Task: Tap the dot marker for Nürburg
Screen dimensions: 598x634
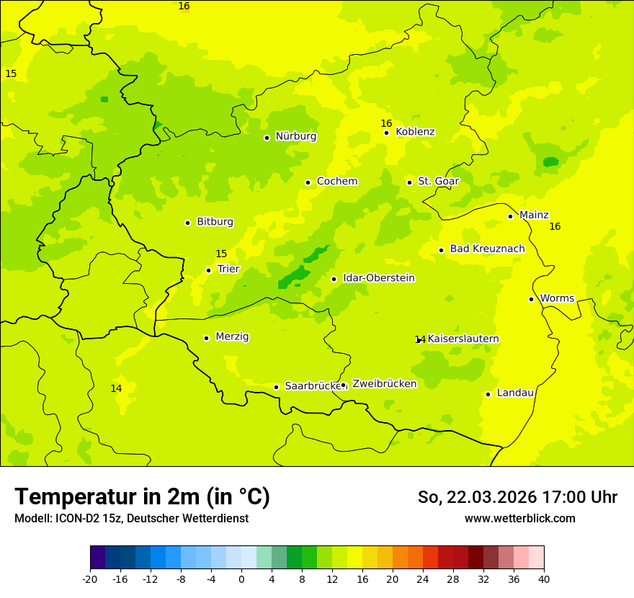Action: pos(267,138)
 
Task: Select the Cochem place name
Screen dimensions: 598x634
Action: pos(337,182)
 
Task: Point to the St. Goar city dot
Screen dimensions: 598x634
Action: pos(409,182)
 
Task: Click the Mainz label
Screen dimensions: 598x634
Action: pos(534,215)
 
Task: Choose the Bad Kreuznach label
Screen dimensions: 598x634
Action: pos(487,249)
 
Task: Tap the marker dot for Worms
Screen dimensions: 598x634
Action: pos(531,299)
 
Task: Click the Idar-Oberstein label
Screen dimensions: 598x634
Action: pos(379,278)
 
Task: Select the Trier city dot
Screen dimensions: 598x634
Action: pos(208,270)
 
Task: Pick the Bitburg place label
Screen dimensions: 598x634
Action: pos(215,222)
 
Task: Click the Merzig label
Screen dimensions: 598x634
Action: pos(232,337)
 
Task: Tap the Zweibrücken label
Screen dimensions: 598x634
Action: pos(384,384)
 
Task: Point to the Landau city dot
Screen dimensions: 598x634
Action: pos(488,394)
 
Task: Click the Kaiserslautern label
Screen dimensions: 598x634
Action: pos(463,339)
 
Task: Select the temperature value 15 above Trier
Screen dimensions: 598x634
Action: pos(221,254)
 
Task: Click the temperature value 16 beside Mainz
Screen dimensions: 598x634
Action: pos(555,227)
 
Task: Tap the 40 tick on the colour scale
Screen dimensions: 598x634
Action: pos(544,579)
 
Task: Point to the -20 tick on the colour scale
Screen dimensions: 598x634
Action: pos(90,579)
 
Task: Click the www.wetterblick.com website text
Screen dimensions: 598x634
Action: pos(519,519)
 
